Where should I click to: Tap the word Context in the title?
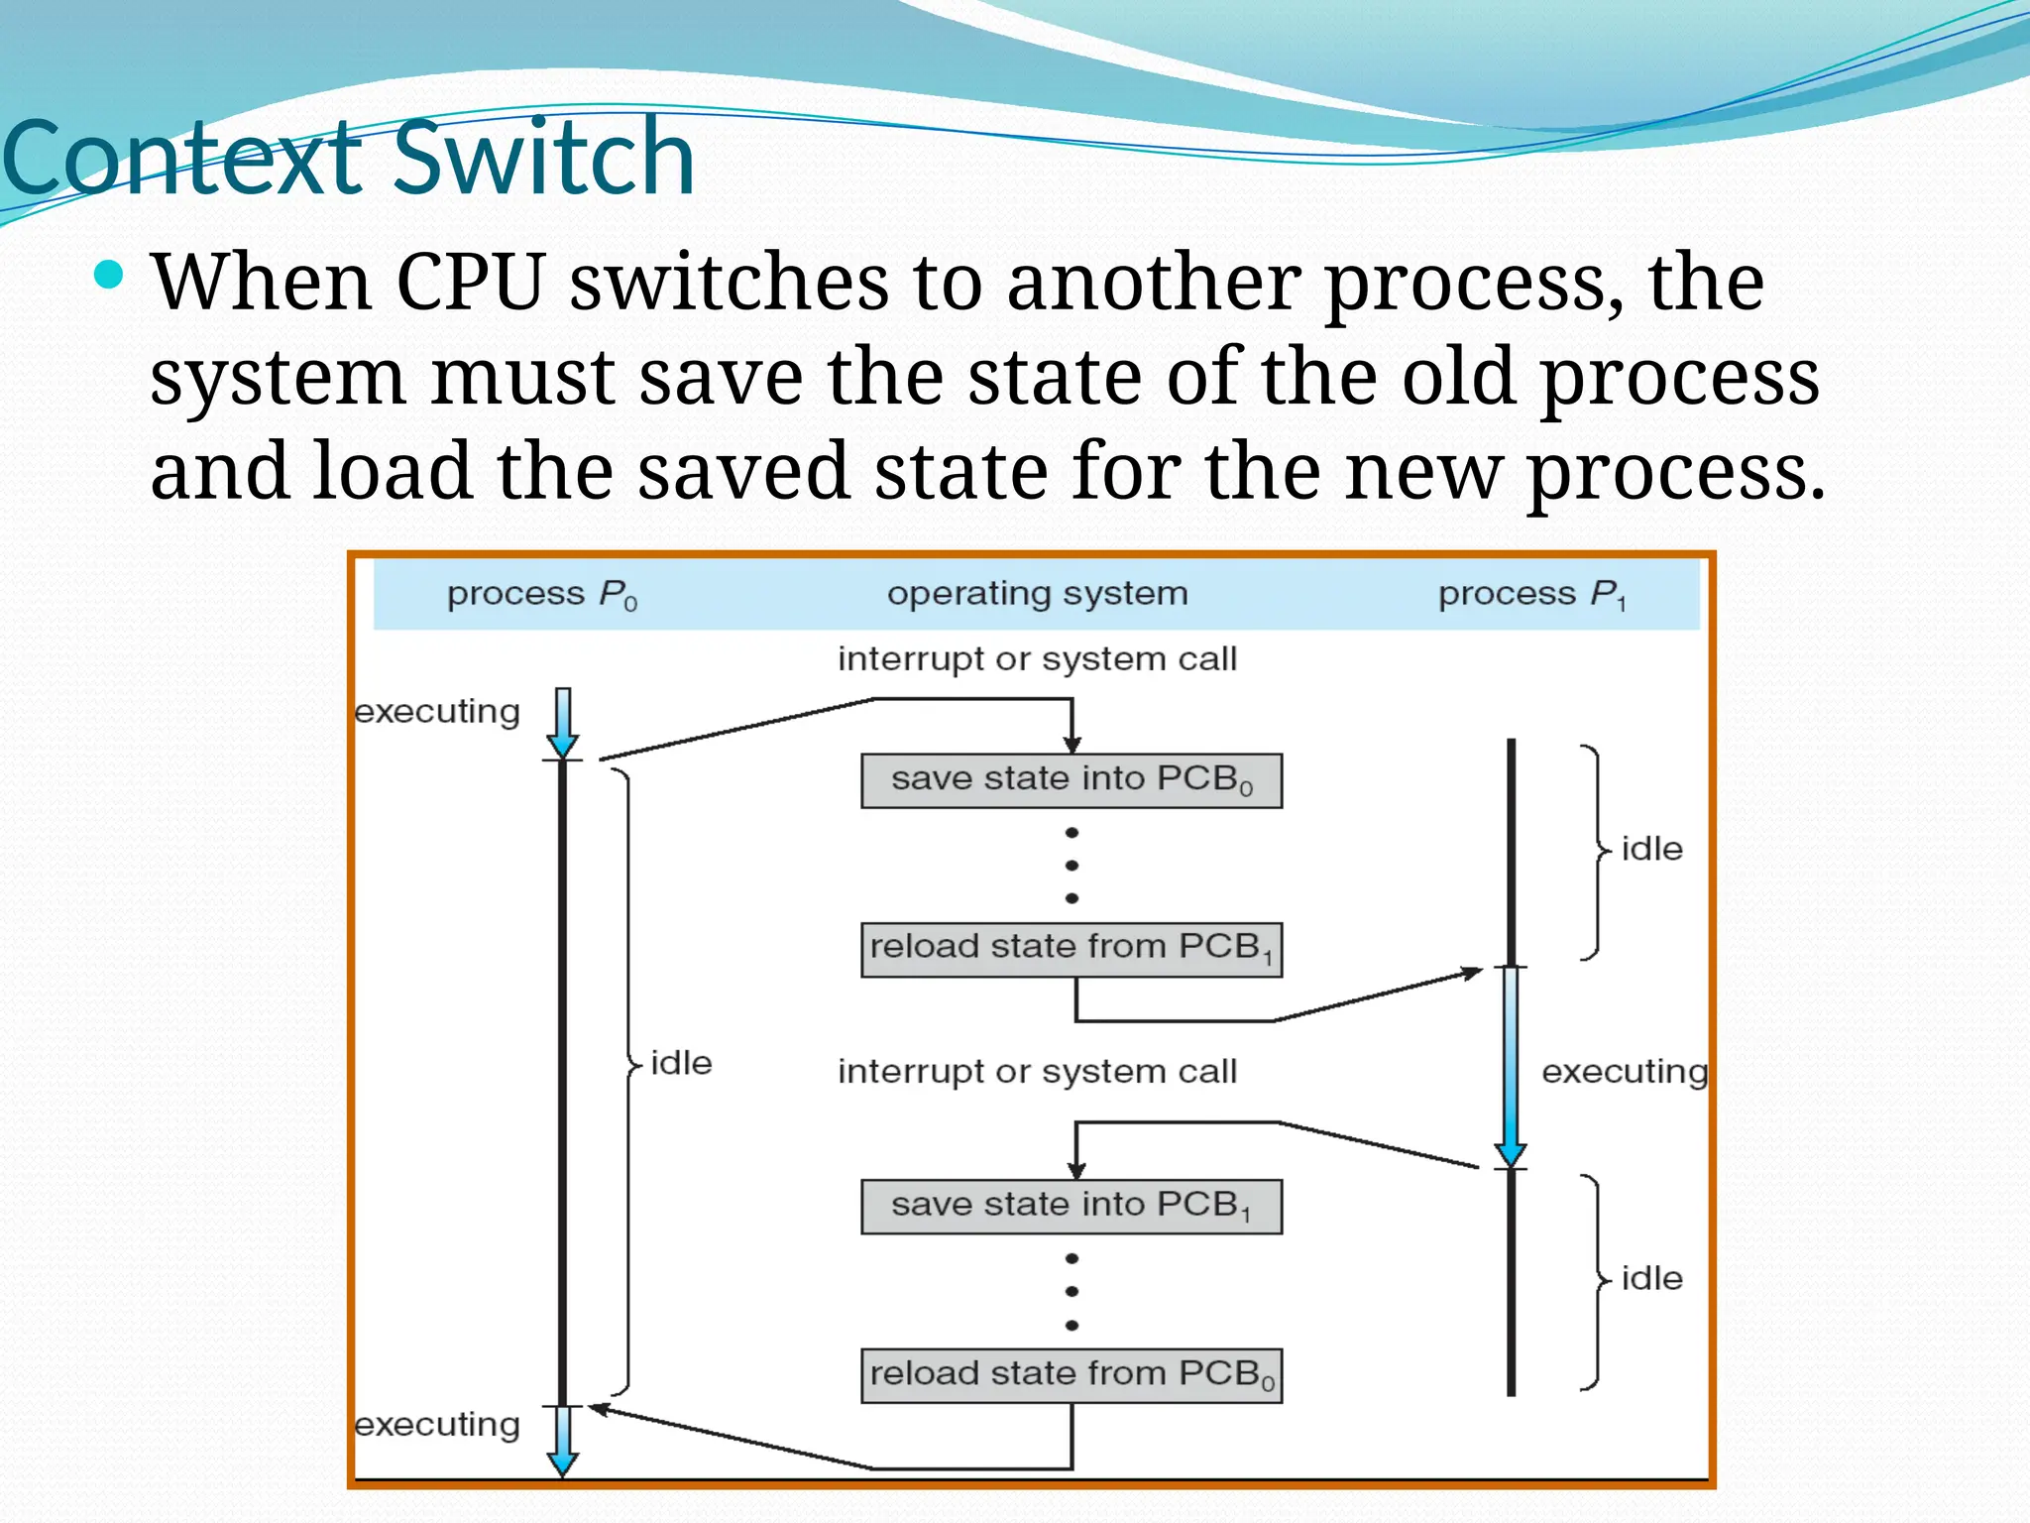click(183, 159)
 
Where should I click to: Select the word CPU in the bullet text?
click(470, 283)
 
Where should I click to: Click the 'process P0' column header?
click(541, 595)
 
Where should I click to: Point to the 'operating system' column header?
click(1037, 594)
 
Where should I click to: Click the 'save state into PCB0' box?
click(1071, 780)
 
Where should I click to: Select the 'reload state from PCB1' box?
click(1071, 949)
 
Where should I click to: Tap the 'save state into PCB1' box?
click(1071, 1206)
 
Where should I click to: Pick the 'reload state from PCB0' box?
click(1071, 1375)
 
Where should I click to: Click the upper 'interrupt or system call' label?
click(1037, 659)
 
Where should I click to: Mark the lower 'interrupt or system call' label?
click(1037, 1072)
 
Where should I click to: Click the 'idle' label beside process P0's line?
click(681, 1063)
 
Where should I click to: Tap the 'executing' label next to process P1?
click(1625, 1072)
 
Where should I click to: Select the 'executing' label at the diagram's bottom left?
click(437, 1425)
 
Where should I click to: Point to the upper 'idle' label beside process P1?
click(1651, 849)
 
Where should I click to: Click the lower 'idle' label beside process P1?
click(1651, 1278)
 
